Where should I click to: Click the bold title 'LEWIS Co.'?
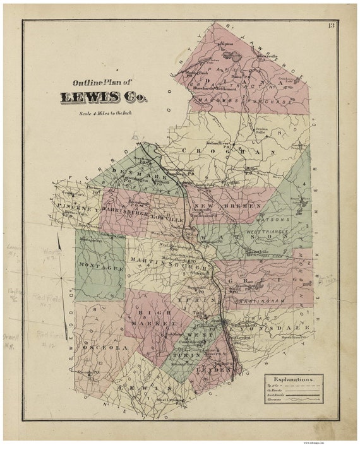(x=101, y=97)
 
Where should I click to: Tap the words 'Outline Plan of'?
(x=102, y=82)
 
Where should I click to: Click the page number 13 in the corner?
(x=331, y=25)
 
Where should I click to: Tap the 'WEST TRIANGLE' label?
(x=272, y=233)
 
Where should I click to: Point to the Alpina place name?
(x=225, y=44)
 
